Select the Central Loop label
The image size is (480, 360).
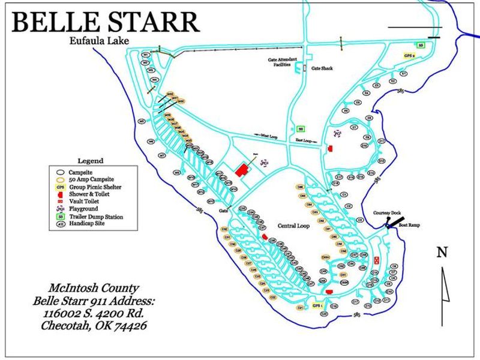click(x=293, y=226)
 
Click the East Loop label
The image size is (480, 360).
click(x=305, y=141)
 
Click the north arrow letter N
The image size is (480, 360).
click(x=442, y=253)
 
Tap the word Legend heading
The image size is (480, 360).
click(x=91, y=161)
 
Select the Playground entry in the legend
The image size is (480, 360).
click(x=83, y=208)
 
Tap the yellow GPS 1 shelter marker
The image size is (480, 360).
click(x=318, y=305)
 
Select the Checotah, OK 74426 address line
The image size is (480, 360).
click(x=94, y=326)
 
